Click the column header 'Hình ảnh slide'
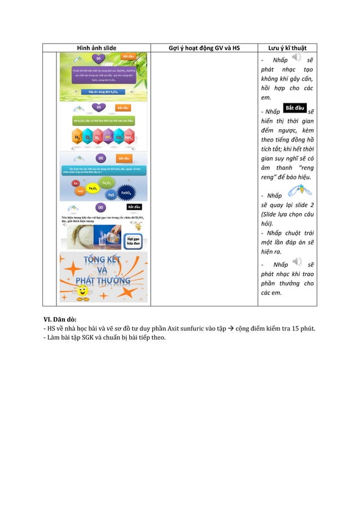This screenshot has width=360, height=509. (96, 48)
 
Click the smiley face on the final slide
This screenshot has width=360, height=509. (82, 292)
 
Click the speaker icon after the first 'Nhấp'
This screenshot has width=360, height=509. (297, 59)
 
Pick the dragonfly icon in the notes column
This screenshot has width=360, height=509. (297, 192)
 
